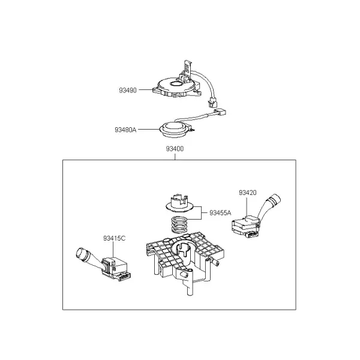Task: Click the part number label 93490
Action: coord(128,90)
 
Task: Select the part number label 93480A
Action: coord(125,130)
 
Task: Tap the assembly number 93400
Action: coord(175,149)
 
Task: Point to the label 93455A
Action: coord(220,213)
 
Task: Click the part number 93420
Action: coord(247,193)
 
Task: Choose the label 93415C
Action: coord(115,238)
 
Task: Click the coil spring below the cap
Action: coord(180,224)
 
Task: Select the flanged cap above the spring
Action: coord(180,203)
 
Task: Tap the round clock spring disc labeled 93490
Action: coord(176,86)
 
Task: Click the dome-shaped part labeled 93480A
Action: coord(175,130)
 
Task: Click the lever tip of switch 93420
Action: coord(275,199)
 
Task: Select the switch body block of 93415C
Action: coord(114,266)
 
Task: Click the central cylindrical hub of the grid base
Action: coord(185,253)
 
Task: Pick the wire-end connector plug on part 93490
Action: coord(212,103)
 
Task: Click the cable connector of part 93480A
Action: coord(220,112)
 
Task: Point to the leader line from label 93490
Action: coord(145,90)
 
